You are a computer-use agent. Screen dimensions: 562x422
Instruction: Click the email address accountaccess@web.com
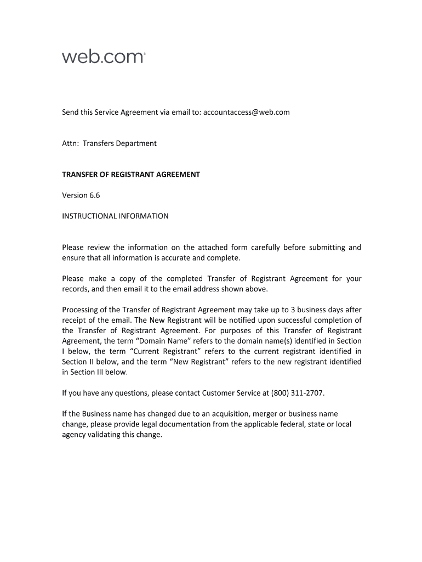(246, 112)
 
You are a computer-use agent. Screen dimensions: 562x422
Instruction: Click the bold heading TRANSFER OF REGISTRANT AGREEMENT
(131, 175)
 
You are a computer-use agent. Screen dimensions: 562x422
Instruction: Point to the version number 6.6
(94, 195)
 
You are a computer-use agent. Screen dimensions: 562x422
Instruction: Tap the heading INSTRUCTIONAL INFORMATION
(115, 216)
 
